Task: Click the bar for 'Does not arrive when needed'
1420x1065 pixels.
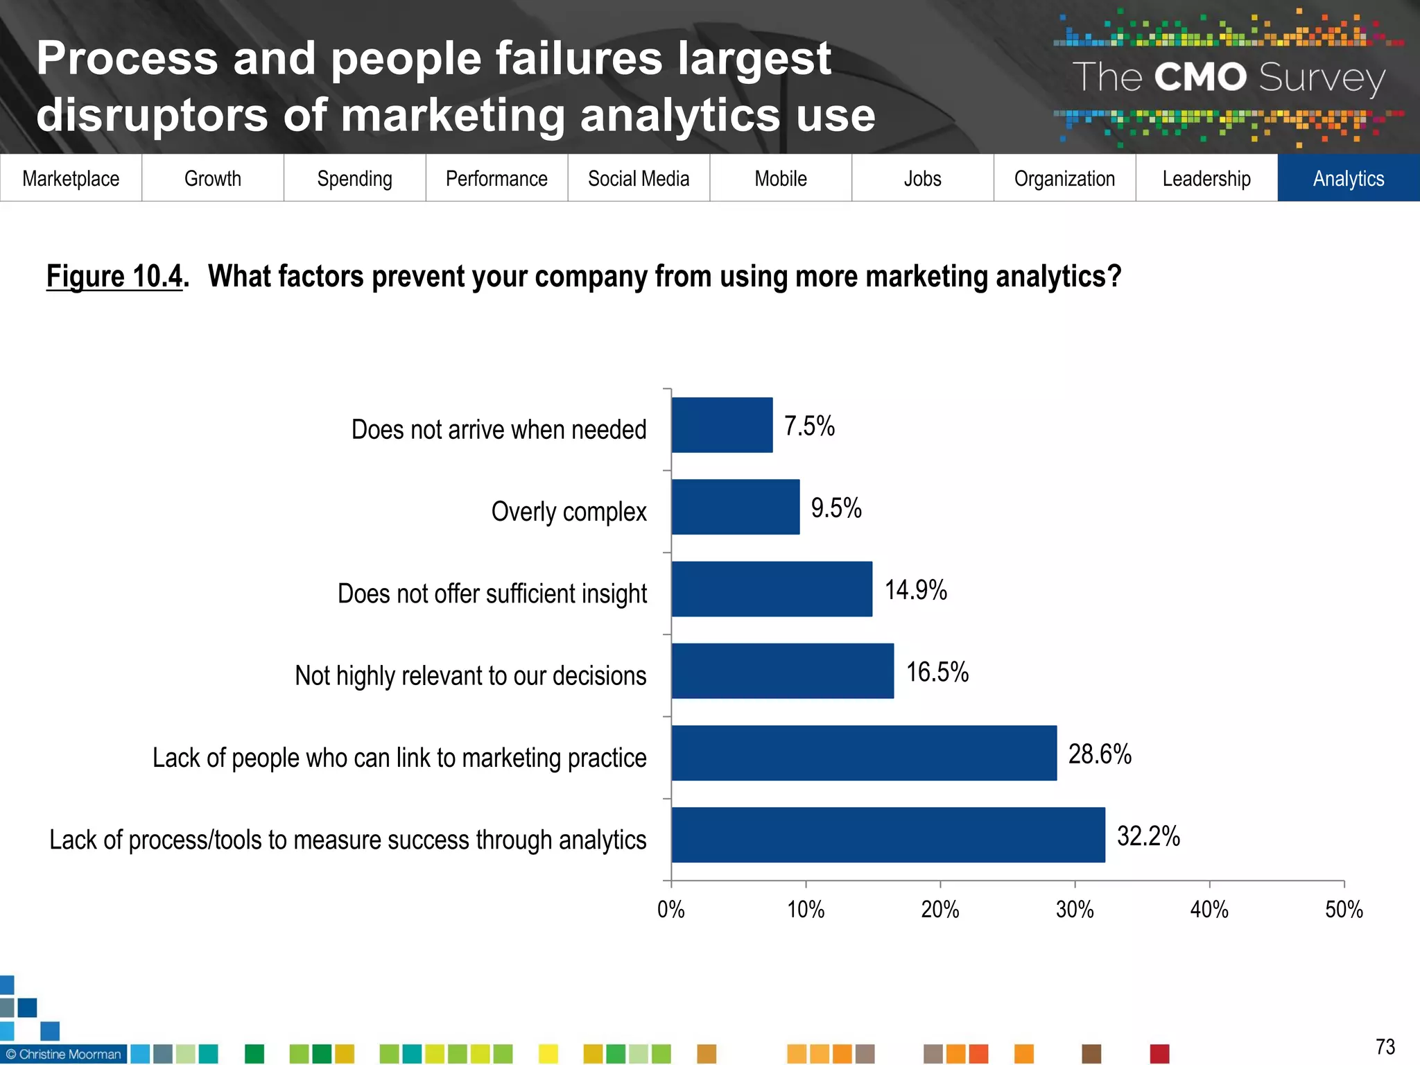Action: (722, 425)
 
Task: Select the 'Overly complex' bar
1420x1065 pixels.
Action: (735, 507)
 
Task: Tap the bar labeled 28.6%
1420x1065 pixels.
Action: (864, 753)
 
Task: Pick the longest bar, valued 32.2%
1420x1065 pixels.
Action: (888, 835)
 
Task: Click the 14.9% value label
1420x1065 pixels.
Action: (915, 590)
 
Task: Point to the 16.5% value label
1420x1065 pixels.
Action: (937, 672)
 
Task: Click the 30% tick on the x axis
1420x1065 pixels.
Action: (1075, 909)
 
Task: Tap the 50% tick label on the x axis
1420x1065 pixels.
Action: (1344, 909)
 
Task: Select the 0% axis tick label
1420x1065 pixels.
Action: (670, 909)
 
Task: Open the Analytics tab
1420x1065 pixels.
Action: (1349, 178)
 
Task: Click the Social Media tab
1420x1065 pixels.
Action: (639, 178)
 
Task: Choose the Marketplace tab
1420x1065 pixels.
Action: (71, 178)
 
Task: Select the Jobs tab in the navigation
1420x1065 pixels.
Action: (922, 178)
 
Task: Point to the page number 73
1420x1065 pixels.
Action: (1385, 1046)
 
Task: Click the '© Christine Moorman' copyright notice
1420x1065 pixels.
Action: (64, 1054)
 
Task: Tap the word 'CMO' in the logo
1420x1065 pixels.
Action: (1200, 77)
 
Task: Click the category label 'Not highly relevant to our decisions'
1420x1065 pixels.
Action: (470, 675)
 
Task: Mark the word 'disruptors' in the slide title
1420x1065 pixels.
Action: (152, 115)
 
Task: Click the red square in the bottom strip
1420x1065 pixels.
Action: (1159, 1054)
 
